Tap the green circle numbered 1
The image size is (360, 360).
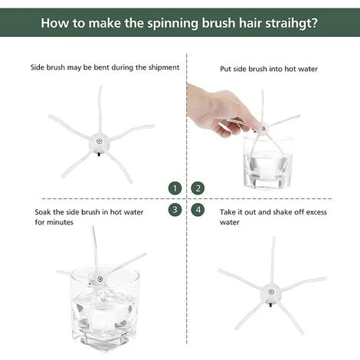pyautogui.click(x=175, y=188)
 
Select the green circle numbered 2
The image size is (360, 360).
pyautogui.click(x=198, y=188)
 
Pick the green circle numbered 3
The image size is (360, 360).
pyautogui.click(x=175, y=210)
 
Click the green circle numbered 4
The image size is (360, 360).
pyautogui.click(x=198, y=210)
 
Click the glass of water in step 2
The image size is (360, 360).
pyautogui.click(x=267, y=162)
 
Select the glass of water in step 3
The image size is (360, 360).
pyautogui.click(x=105, y=308)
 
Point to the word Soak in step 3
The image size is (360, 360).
pyautogui.click(x=43, y=212)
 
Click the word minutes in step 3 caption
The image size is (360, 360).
pyautogui.click(x=61, y=222)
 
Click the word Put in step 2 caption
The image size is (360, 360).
pyautogui.click(x=226, y=69)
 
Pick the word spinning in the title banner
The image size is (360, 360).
pyautogui.click(x=173, y=24)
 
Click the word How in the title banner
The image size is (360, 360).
pyautogui.click(x=55, y=23)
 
